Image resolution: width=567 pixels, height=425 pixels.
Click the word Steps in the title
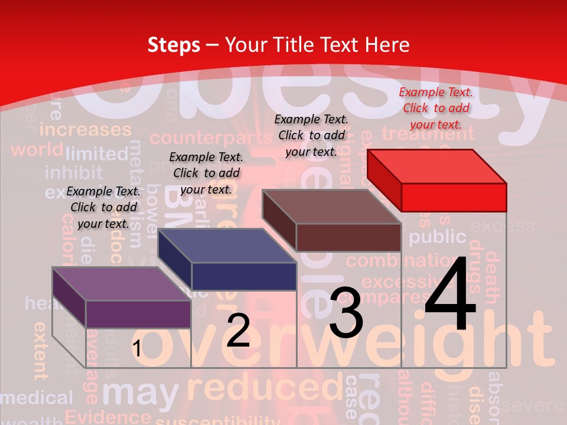[x=174, y=44]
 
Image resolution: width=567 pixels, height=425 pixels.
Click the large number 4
[x=450, y=295]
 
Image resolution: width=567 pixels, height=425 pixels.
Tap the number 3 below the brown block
[x=346, y=313]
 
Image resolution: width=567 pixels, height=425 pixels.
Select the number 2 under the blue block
[x=238, y=330]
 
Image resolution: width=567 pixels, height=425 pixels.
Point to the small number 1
[x=136, y=349]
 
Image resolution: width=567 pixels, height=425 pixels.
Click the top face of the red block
[x=437, y=166]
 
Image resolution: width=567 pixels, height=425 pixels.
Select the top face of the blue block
[x=227, y=246]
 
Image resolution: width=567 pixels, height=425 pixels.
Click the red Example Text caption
[x=436, y=108]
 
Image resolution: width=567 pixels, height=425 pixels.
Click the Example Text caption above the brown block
[x=311, y=135]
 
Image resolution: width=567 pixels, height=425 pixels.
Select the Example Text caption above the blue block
[x=206, y=173]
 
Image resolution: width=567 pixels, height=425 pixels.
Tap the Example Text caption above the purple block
[x=103, y=207]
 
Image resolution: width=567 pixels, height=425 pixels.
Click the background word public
[x=438, y=237]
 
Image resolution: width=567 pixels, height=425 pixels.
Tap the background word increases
[x=85, y=129]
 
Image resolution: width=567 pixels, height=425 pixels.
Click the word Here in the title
[x=387, y=44]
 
